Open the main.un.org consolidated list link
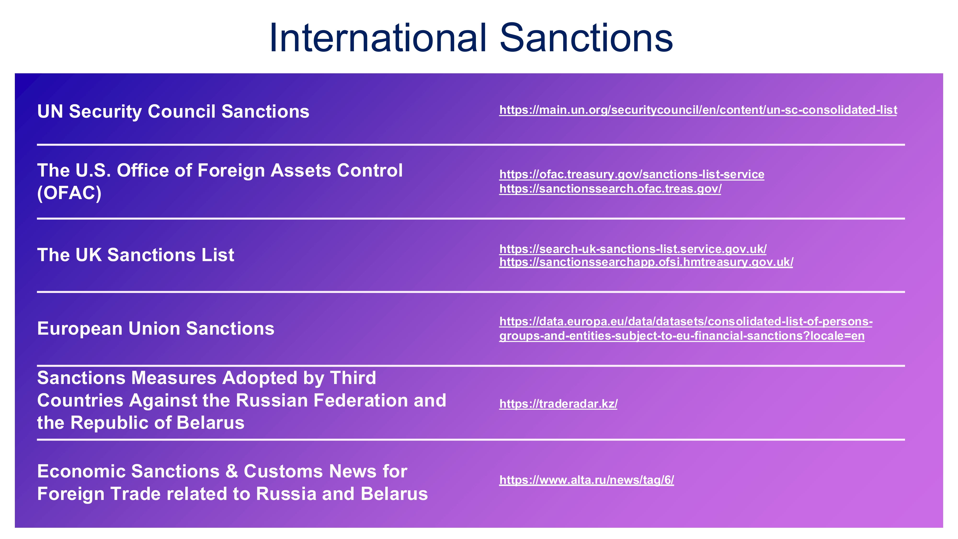(x=698, y=110)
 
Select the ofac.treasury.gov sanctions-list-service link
(x=632, y=174)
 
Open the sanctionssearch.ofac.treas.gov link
(x=610, y=189)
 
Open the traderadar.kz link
(x=558, y=404)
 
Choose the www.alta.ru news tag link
(x=587, y=480)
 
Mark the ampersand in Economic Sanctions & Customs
(x=232, y=472)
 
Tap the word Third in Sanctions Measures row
(x=353, y=378)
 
